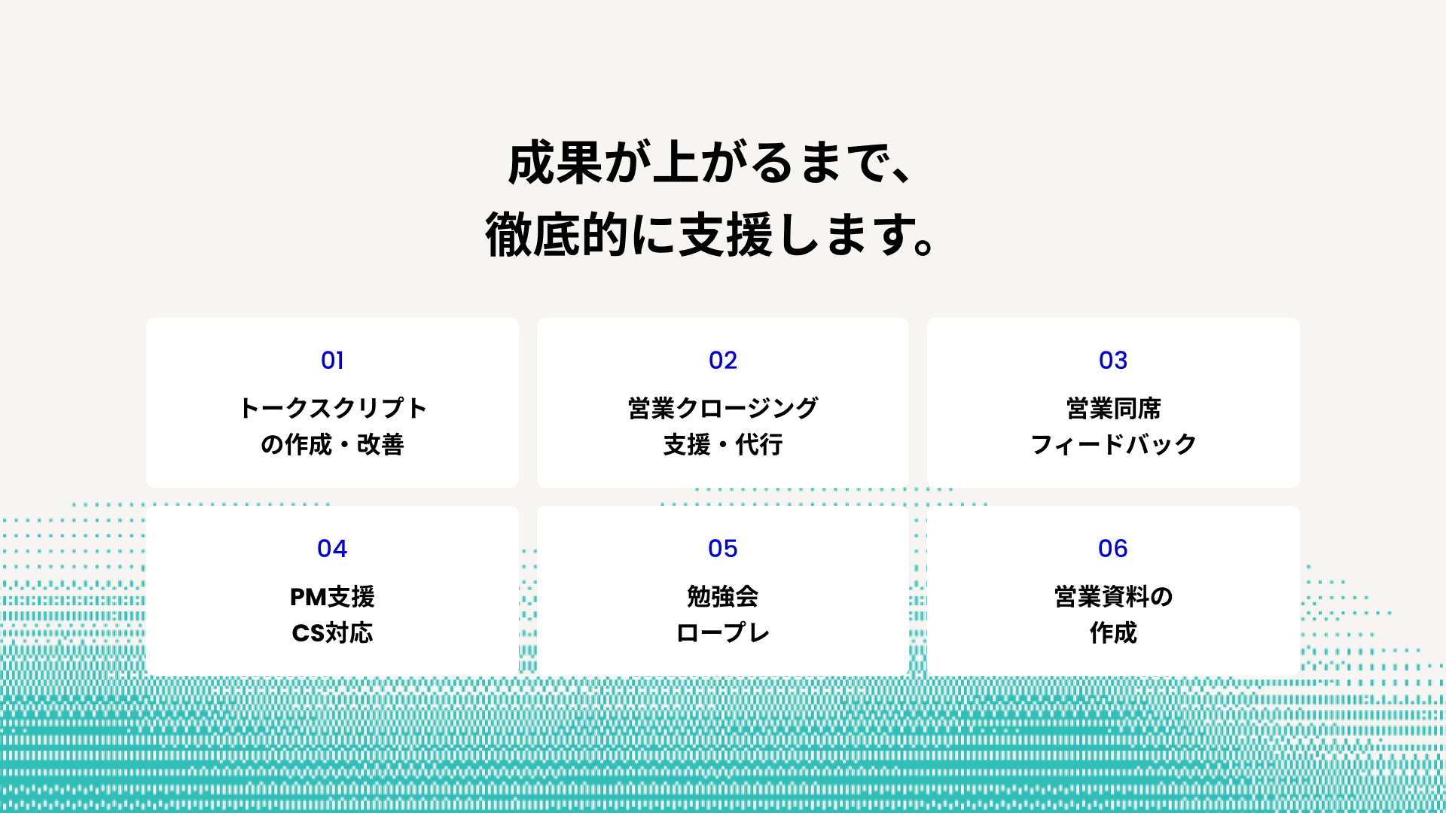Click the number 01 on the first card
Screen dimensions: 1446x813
point(332,361)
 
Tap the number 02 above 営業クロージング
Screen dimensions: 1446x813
point(723,361)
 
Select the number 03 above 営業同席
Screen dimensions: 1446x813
point(1113,361)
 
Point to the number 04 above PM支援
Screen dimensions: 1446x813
point(332,549)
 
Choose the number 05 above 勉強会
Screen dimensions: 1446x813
point(723,549)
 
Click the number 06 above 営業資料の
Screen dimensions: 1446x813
point(1113,549)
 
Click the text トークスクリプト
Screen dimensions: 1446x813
point(332,408)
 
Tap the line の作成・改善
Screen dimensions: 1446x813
point(332,445)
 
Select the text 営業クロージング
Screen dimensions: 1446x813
point(723,408)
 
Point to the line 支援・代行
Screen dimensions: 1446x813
point(723,445)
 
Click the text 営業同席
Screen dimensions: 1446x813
point(1113,408)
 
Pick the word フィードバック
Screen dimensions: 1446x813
point(1113,445)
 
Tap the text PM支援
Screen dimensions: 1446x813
point(332,597)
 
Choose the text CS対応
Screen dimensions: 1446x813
point(332,633)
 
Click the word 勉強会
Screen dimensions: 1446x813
point(723,597)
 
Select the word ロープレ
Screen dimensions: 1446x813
point(723,633)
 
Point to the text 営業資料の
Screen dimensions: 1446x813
point(1113,597)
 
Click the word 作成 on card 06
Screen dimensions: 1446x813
point(1113,633)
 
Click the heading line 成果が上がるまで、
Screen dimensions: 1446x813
point(709,163)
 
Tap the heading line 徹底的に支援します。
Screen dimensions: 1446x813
point(709,236)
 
